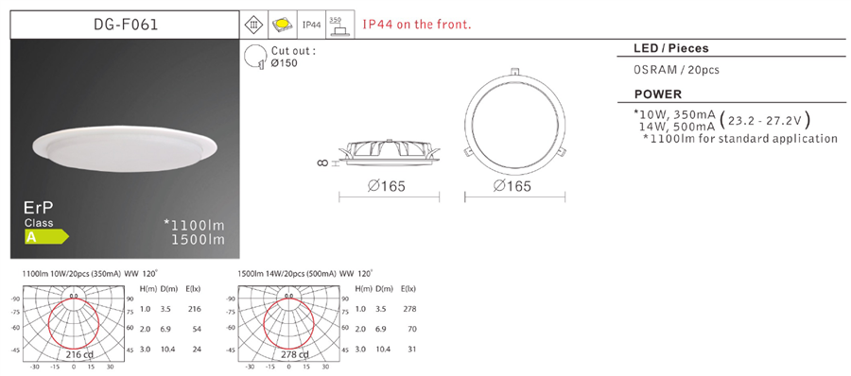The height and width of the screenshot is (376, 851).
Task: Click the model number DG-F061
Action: tap(126, 25)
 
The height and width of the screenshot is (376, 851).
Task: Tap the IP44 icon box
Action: tap(311, 25)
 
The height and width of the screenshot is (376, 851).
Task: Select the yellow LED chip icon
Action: tap(283, 25)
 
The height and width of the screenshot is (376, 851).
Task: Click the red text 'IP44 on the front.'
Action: tap(417, 25)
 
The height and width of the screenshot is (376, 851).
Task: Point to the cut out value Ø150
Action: tap(285, 62)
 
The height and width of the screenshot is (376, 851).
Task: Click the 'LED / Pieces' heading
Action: tap(671, 48)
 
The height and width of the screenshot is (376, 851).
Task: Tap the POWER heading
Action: tap(658, 94)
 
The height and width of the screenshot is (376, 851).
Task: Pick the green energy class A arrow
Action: tap(46, 236)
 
